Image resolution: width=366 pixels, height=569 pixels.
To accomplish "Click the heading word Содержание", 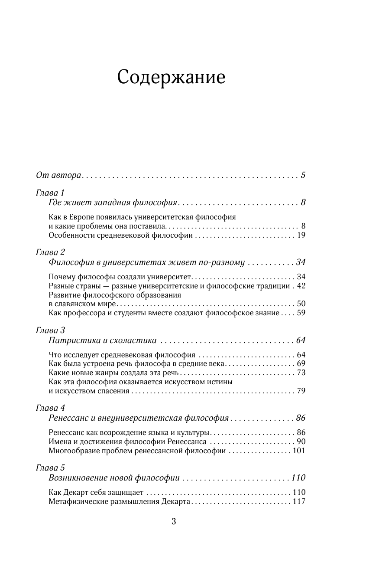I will [171, 78].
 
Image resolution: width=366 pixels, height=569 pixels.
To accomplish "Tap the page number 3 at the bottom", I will [174, 522].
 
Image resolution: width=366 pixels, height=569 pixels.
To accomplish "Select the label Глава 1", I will [50, 193].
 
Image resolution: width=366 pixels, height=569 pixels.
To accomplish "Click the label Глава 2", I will [50, 252].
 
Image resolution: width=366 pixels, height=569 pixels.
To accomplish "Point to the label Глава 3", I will [50, 330].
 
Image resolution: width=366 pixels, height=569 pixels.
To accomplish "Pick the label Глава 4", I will [50, 408].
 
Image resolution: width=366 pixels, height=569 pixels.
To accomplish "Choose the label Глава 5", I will [50, 468].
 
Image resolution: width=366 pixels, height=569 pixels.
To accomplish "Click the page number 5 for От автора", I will [303, 175].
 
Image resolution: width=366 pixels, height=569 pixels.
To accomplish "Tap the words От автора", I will [58, 176].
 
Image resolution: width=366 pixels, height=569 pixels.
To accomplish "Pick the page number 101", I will [299, 451].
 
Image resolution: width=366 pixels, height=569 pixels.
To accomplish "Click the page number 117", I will [299, 502].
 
